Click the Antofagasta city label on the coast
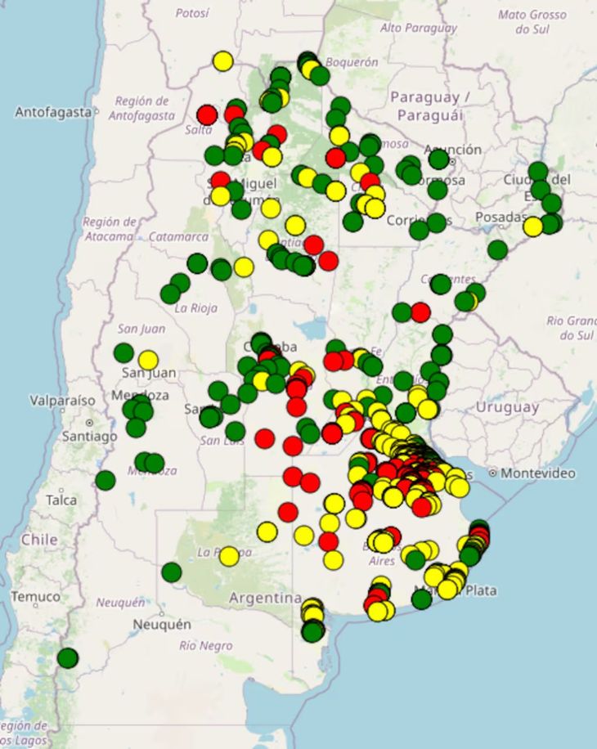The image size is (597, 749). pos(52,112)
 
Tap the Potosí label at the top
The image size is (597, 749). pos(193,13)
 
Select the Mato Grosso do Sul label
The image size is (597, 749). pos(532,21)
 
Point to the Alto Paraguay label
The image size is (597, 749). pos(419,28)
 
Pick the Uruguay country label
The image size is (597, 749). pos(508,407)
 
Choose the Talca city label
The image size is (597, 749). pos(61,500)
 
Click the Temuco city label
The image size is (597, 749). pos(36,597)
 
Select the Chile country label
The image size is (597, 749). pos(39,540)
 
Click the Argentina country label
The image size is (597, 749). pos(265,599)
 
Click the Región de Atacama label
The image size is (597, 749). pos(109,229)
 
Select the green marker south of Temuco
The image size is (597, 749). pos(68,657)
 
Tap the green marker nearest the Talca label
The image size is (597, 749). pos(105,480)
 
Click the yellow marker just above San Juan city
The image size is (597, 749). pos(148,360)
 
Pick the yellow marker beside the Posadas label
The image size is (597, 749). pos(533,226)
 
